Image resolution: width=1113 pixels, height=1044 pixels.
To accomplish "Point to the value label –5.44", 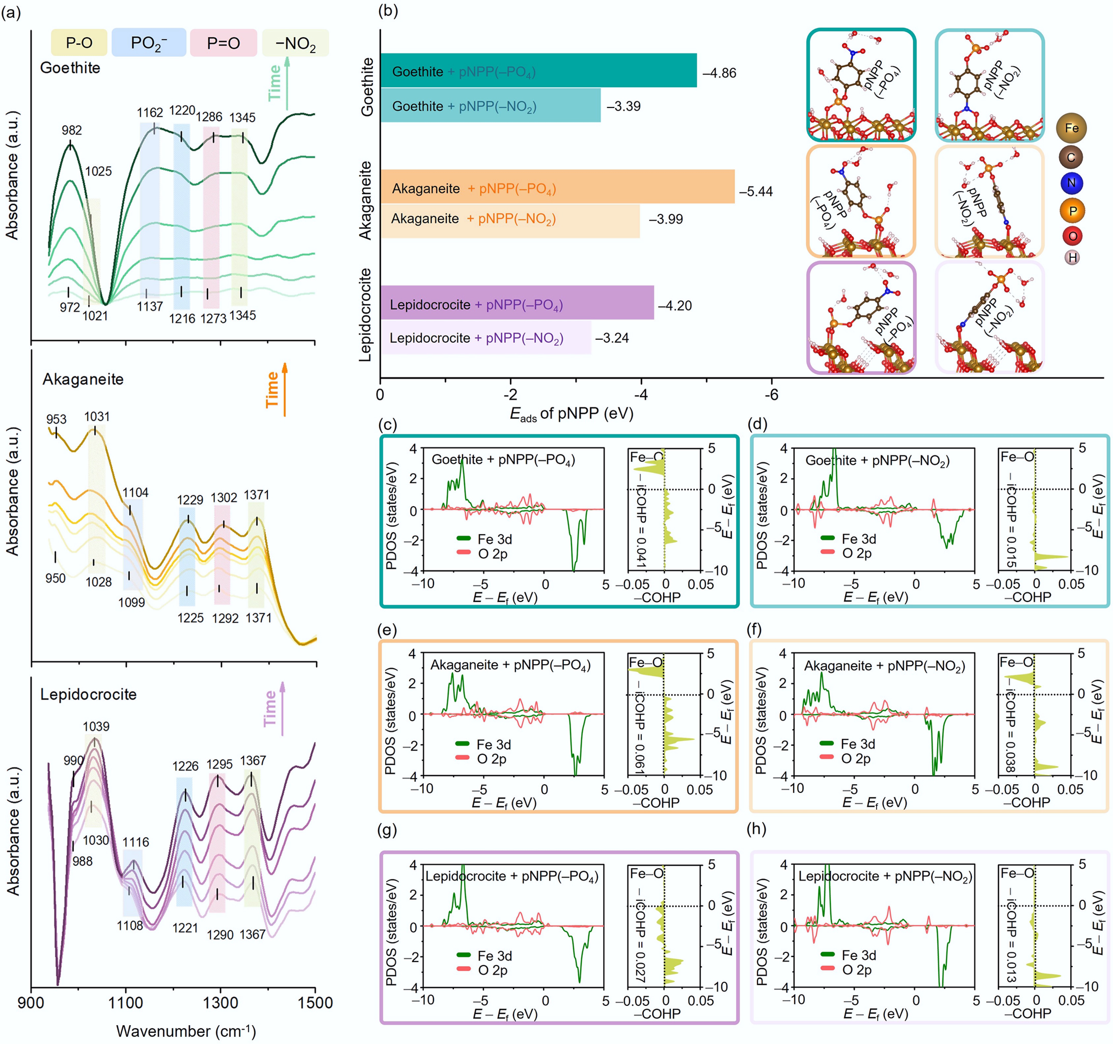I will (x=755, y=191).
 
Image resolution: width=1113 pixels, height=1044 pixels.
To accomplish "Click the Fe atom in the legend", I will (x=1071, y=128).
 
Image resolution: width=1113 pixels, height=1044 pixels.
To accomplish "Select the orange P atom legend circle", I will (x=1072, y=211).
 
